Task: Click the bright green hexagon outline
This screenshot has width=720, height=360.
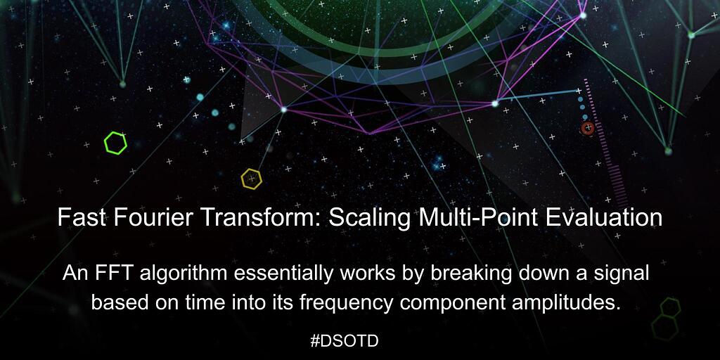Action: [115, 143]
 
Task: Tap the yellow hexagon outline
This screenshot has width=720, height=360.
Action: [251, 179]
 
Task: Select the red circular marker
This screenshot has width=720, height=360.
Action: [587, 128]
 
